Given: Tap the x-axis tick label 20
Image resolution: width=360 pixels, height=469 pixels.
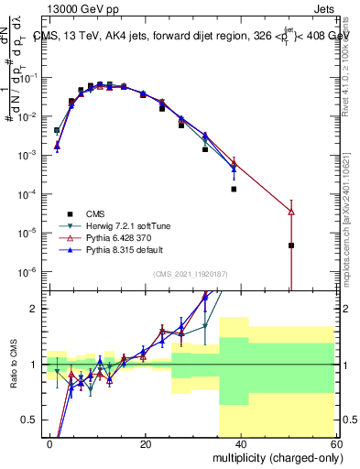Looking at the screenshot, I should [146, 442].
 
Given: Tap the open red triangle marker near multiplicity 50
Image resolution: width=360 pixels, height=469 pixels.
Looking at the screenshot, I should [291, 213].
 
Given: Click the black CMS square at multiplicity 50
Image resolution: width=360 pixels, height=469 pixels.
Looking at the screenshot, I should [291, 245].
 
